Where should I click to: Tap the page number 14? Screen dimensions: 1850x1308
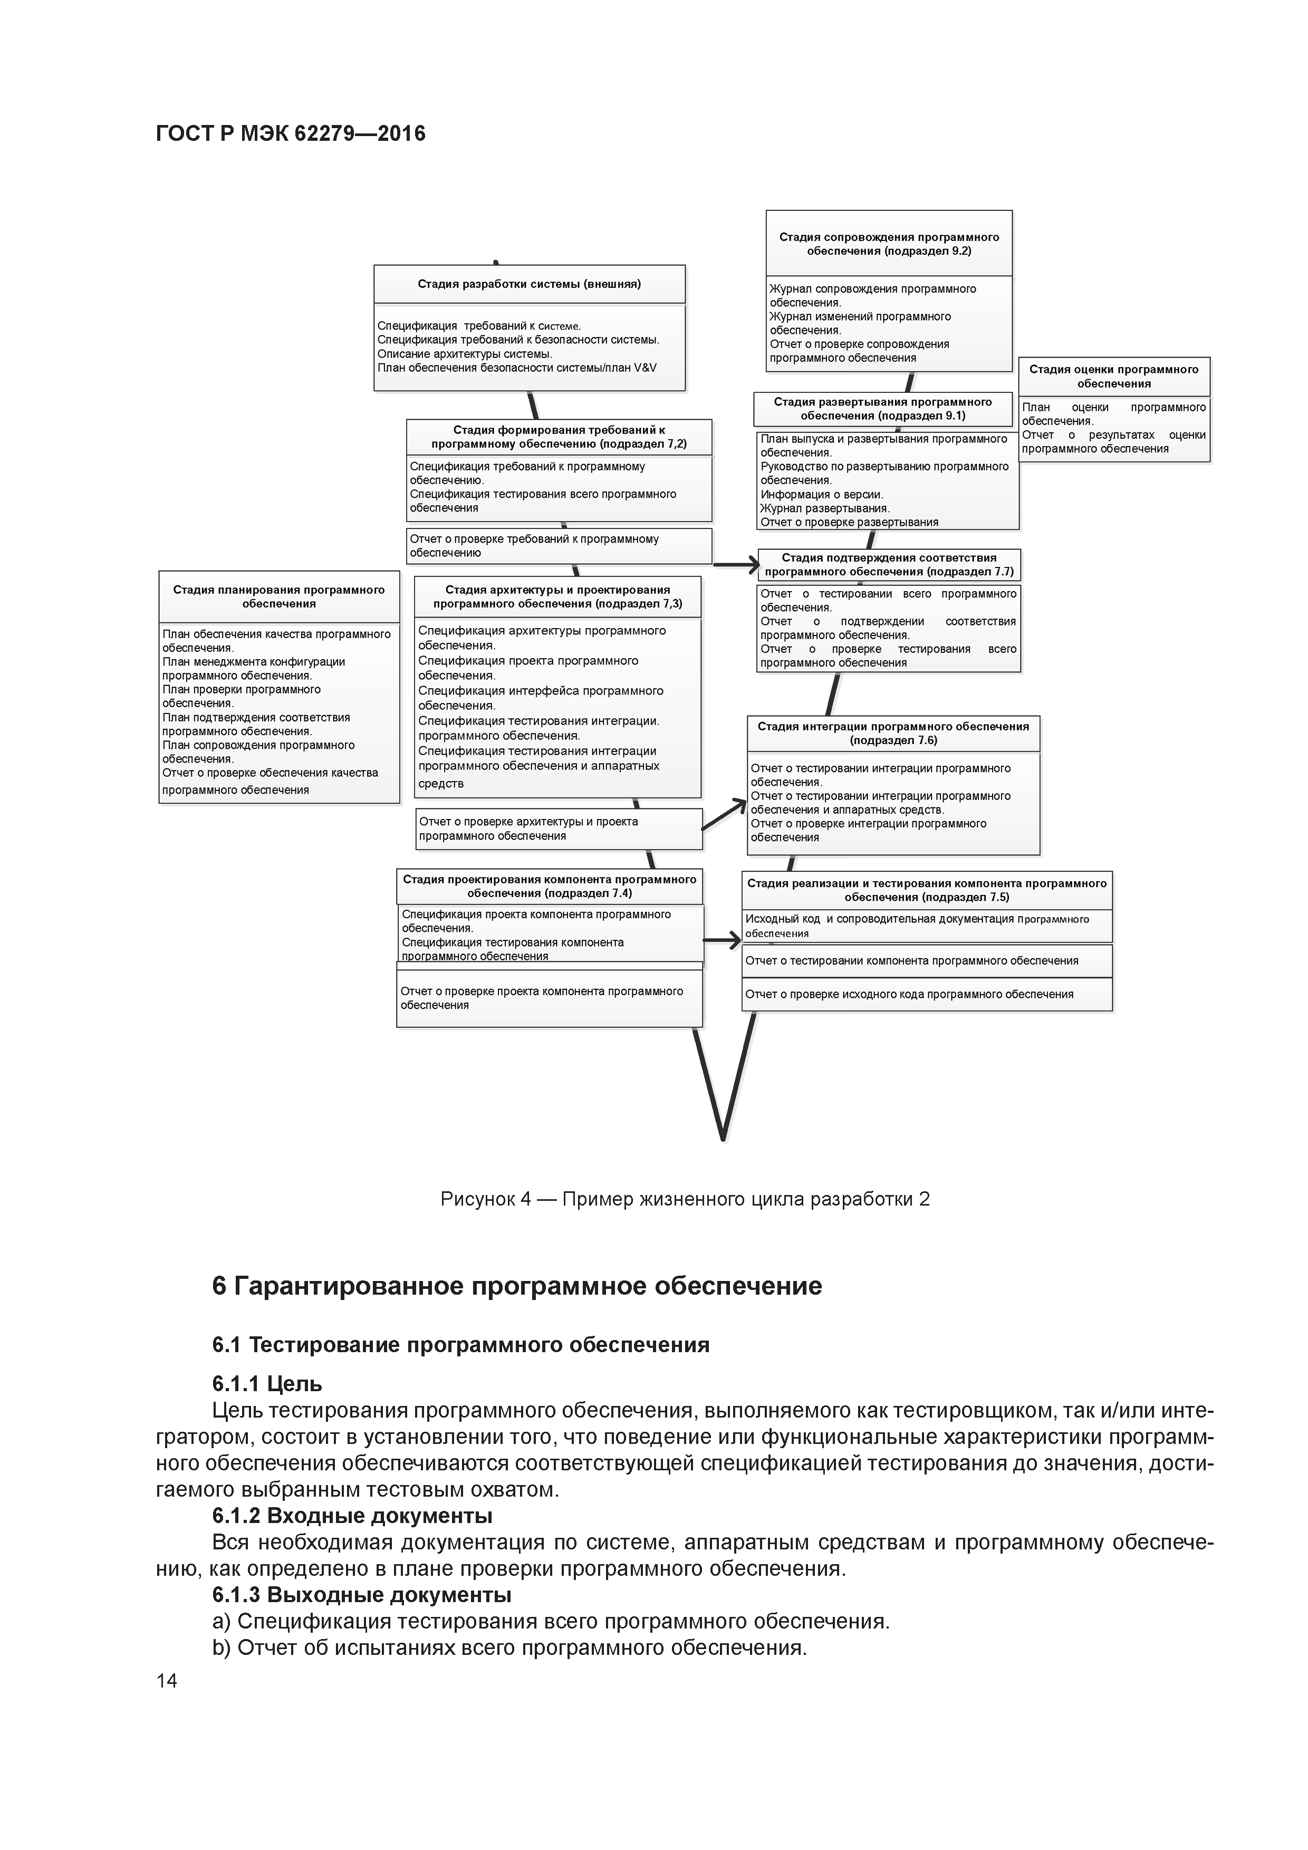167,1680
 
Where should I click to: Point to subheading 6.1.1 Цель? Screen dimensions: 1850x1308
267,1383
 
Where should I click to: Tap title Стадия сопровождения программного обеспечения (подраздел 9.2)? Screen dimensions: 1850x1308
888,243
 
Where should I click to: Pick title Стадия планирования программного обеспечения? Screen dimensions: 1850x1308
279,596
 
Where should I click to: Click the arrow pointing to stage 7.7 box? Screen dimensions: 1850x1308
737,565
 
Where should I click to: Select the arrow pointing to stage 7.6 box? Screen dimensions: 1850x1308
725,815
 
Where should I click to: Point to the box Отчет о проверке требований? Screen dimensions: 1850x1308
559,545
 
